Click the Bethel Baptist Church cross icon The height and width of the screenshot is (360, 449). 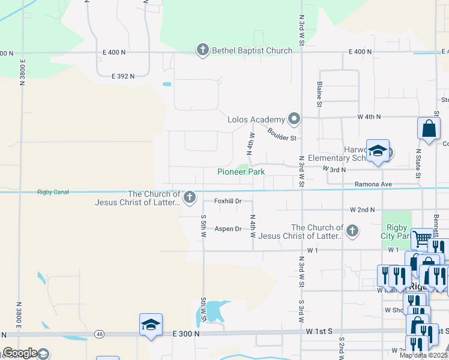(x=203, y=50)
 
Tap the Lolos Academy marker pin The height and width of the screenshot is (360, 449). (x=294, y=119)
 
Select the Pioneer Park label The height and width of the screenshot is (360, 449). (x=241, y=172)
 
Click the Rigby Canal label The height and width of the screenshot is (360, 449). (x=53, y=192)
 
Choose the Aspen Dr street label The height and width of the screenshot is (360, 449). (x=228, y=229)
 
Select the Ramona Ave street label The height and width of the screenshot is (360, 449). (x=373, y=184)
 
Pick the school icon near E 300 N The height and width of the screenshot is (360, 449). (x=151, y=325)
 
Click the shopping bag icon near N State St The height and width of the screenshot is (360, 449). (x=429, y=128)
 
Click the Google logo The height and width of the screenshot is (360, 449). (x=19, y=353)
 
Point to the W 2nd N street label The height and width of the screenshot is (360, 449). (x=362, y=210)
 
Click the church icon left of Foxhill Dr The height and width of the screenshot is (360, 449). (x=190, y=197)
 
